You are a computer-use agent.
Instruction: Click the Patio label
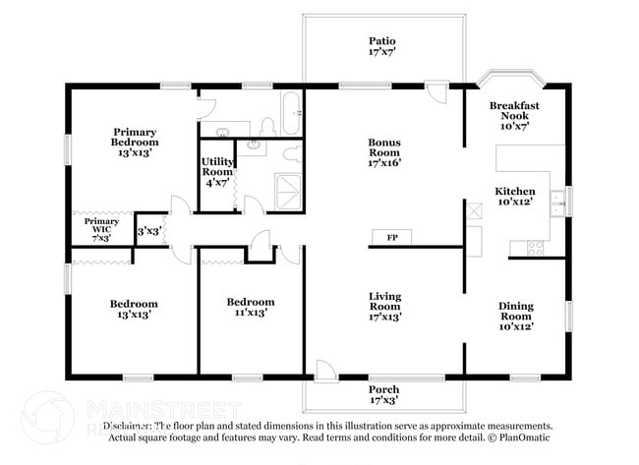pyautogui.click(x=383, y=46)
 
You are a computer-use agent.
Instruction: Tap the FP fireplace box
pyautogui.click(x=391, y=238)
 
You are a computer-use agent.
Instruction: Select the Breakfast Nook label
pyautogui.click(x=514, y=116)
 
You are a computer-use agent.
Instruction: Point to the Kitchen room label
pyautogui.click(x=514, y=196)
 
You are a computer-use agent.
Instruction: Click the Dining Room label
pyautogui.click(x=515, y=316)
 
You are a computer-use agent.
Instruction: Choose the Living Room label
pyautogui.click(x=384, y=307)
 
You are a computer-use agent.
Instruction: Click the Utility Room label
pyautogui.click(x=216, y=172)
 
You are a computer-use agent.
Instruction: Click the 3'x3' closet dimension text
pyautogui.click(x=148, y=231)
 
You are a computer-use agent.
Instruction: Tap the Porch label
pyautogui.click(x=383, y=395)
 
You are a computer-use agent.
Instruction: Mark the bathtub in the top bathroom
pyautogui.click(x=292, y=113)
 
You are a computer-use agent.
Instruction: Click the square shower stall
pyautogui.click(x=289, y=193)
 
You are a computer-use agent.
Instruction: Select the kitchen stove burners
pyautogui.click(x=536, y=247)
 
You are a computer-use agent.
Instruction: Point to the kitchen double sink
pyautogui.click(x=557, y=202)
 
